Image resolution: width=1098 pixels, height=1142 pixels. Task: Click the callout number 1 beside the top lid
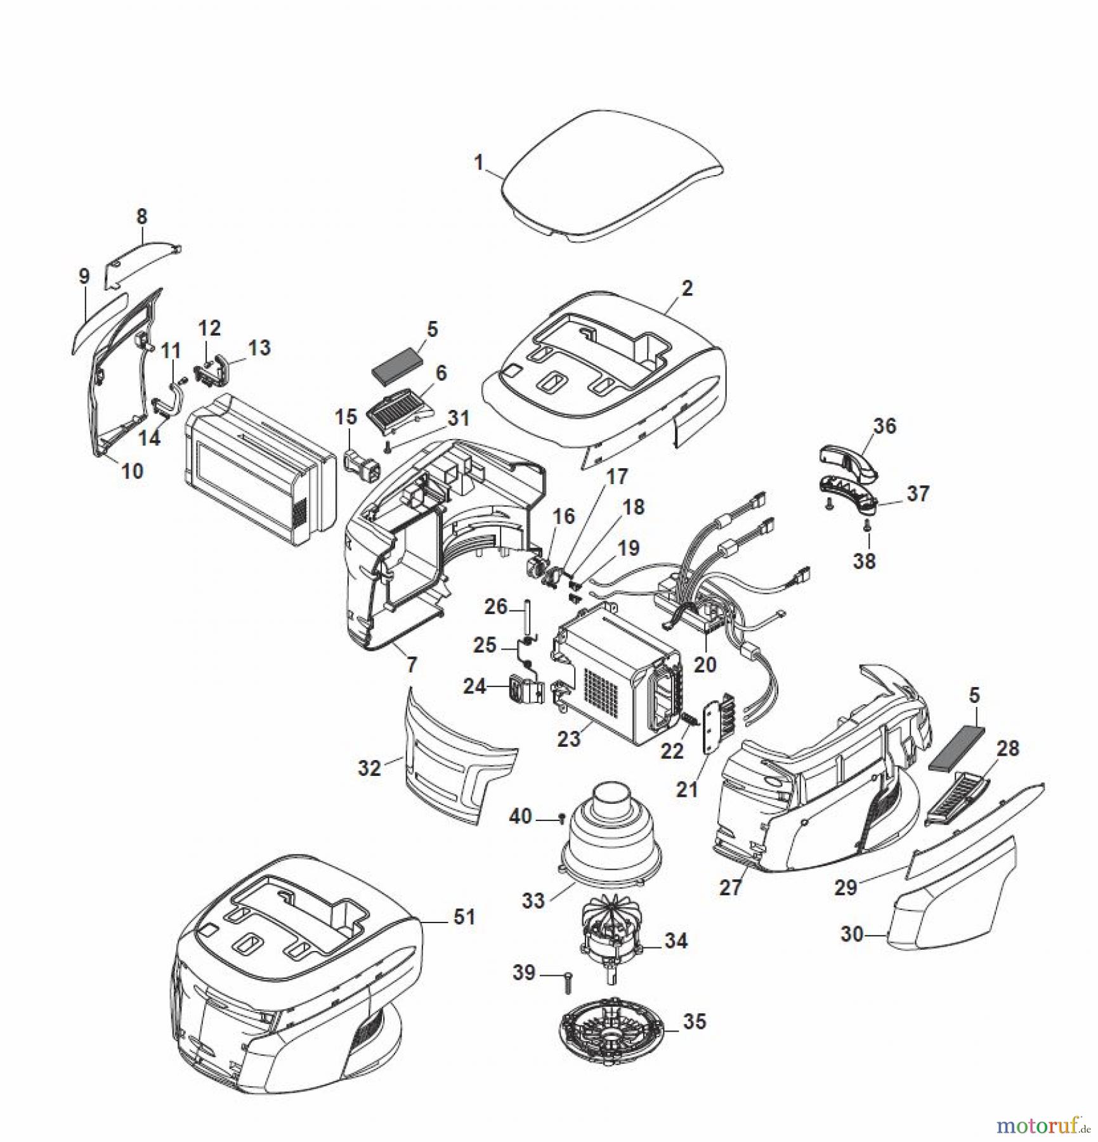[x=479, y=162]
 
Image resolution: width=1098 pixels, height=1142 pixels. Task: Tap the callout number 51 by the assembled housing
[x=464, y=917]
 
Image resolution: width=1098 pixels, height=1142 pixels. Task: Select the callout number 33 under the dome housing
[x=533, y=900]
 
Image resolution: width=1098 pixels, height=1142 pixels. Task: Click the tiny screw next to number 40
[x=561, y=820]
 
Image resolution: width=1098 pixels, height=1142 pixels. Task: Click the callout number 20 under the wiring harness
[x=705, y=664]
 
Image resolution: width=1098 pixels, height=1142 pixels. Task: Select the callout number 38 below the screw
[x=864, y=561]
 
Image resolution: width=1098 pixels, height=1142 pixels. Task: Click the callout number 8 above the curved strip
[x=141, y=216]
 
